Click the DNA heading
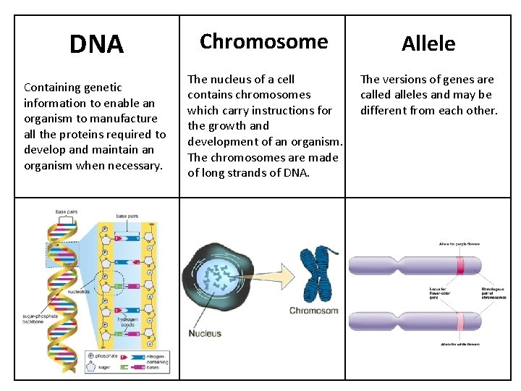pos(96,45)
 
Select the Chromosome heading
pos(263,41)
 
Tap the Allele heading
pos(429,44)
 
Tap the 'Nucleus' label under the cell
pos(205,333)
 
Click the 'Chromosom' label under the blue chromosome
pos(313,311)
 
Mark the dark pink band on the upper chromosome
pos(460,266)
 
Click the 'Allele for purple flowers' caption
pos(459,245)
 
